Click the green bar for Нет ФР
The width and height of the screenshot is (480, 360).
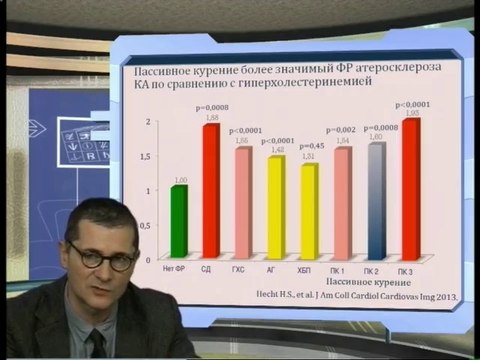pos(179,222)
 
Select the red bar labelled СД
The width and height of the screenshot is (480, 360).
pos(211,192)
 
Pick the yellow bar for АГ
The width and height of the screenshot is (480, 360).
pos(275,207)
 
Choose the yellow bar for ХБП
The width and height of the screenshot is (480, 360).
pos(309,212)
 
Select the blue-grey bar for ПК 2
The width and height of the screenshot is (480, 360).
pos(376,201)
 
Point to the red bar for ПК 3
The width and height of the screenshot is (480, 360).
pos(410,189)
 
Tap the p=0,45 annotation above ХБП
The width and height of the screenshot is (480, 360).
pos(310,143)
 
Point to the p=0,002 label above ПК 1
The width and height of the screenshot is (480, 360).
pos(342,130)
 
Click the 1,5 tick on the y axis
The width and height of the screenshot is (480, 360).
pos(148,156)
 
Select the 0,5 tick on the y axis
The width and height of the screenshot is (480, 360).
pos(148,225)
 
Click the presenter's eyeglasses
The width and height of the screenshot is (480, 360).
pos(102,256)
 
